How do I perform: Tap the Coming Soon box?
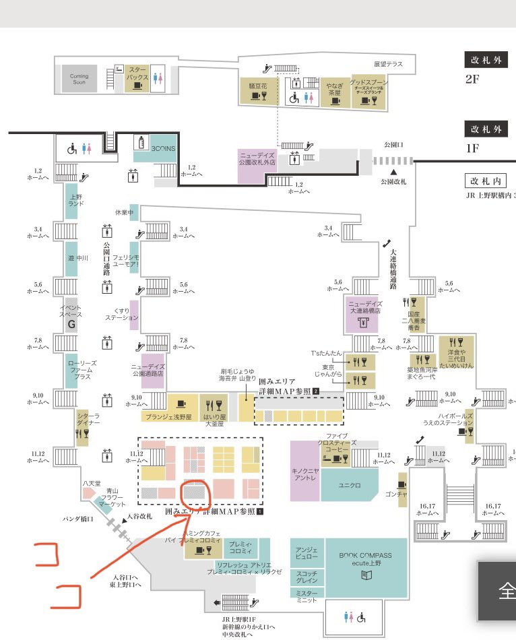tap(79, 79)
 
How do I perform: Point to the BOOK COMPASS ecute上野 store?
tap(365, 567)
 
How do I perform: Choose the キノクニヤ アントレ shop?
tap(305, 472)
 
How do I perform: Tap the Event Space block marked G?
tap(70, 315)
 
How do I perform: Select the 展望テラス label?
tap(388, 64)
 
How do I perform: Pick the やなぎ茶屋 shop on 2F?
tap(334, 91)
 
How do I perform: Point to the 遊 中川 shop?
tap(71, 257)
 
